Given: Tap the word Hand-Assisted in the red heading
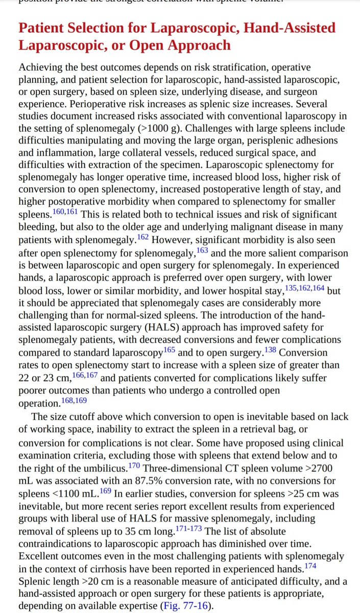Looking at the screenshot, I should coord(287,28).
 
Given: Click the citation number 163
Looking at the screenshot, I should coord(203,250).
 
